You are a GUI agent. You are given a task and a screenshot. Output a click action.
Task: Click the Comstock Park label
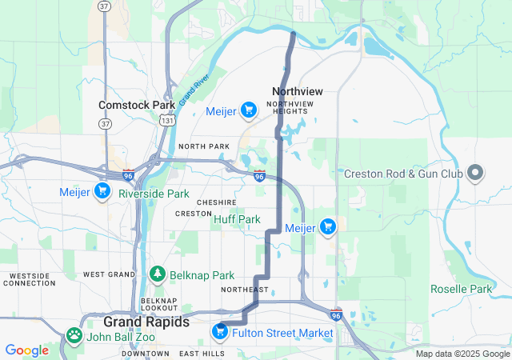point(137,105)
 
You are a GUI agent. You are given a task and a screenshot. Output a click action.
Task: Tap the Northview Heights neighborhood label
point(291,108)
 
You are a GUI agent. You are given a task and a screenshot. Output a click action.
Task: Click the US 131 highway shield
point(166,120)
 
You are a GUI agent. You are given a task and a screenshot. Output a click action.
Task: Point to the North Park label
point(203,146)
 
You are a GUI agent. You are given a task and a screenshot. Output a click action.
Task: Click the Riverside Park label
point(154,194)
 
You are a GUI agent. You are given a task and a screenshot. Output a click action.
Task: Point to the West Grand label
point(106,274)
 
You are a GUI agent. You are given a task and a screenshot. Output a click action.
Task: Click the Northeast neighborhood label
point(245,290)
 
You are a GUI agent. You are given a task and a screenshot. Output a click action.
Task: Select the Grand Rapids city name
point(146,322)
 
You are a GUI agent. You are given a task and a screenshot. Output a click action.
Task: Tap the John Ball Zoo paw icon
point(74,335)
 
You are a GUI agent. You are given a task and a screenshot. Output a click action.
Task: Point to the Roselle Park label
point(461,289)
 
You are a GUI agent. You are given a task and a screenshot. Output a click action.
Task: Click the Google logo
point(26,350)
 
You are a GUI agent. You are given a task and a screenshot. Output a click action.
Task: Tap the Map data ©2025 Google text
point(462,354)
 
